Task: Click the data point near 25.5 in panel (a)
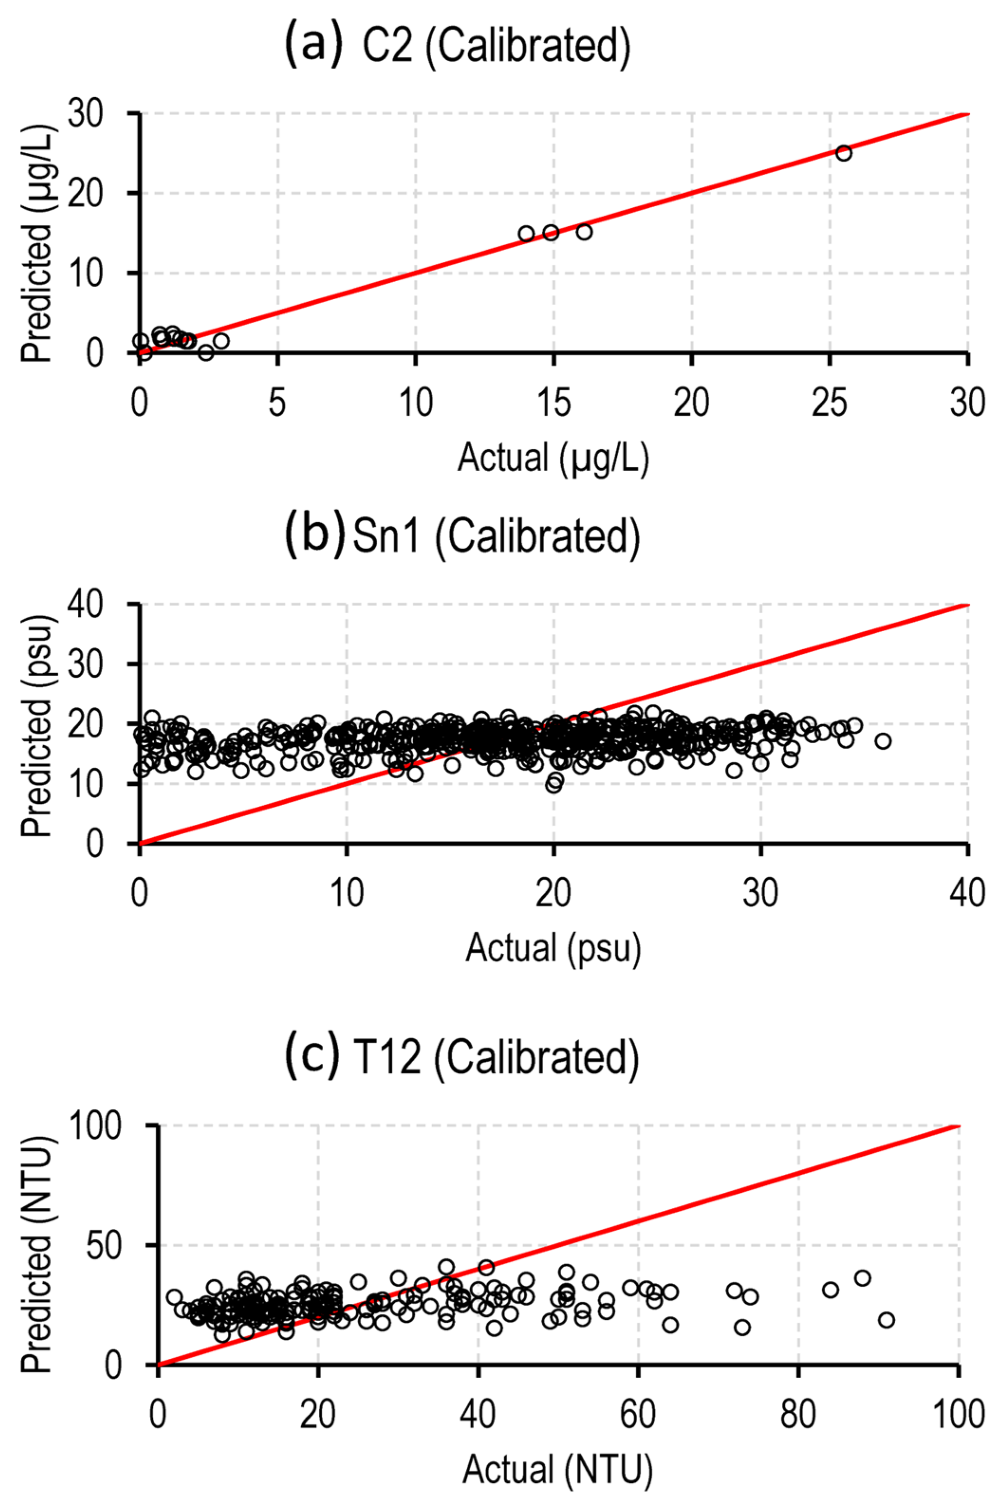pos(844,153)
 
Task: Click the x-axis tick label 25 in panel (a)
pos(829,403)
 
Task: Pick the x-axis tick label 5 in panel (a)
pos(277,403)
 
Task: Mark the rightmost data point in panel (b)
pos(883,741)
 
